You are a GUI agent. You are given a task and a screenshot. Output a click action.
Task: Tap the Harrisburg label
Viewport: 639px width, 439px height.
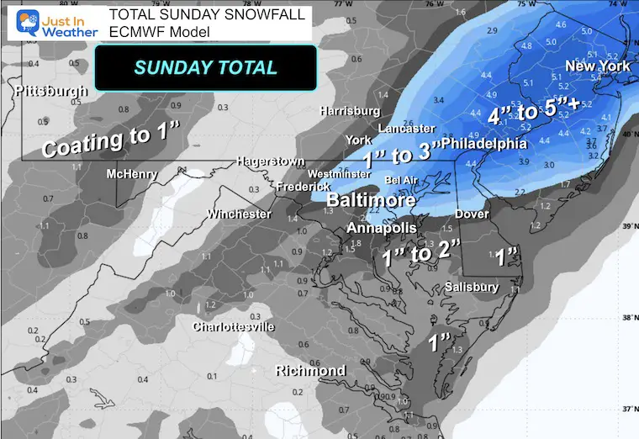350,111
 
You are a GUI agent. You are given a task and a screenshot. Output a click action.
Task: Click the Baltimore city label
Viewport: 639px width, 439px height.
371,201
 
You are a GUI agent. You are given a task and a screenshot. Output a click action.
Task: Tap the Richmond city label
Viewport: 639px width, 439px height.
311,371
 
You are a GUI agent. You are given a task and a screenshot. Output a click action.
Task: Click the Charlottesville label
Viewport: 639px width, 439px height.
234,327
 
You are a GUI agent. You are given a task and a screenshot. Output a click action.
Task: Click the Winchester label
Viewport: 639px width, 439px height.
240,214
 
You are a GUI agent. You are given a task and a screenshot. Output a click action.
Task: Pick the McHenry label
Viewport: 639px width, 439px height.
129,174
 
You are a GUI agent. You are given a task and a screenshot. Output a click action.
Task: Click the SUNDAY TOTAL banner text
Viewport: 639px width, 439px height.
206,67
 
